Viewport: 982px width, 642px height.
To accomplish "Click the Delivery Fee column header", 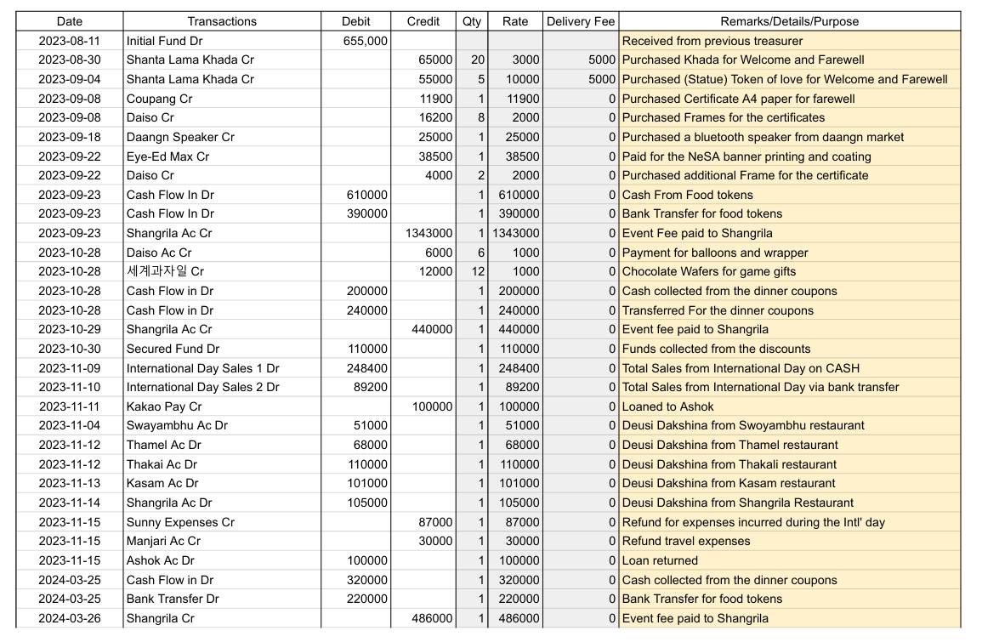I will (x=580, y=21).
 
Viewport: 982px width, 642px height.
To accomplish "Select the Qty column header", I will (x=472, y=21).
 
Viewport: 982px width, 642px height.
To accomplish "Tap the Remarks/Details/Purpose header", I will (x=789, y=21).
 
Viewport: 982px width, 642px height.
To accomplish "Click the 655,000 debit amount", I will (x=366, y=41).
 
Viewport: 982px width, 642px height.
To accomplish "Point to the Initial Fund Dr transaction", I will (x=165, y=41).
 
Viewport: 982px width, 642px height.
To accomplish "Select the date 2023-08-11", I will (x=69, y=41).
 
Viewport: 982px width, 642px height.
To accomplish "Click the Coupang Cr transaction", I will (x=159, y=99).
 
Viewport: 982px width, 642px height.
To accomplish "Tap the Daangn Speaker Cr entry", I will (x=180, y=137).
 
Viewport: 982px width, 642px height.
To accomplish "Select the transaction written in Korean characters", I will (x=165, y=271).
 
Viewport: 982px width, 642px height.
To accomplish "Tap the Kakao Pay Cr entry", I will (x=164, y=406).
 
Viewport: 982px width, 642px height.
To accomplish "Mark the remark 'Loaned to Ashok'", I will (x=667, y=406).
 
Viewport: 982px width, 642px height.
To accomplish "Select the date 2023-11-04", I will (x=69, y=425).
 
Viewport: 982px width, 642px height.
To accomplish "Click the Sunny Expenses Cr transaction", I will (x=180, y=522).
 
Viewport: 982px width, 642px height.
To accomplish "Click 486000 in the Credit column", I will (x=432, y=618).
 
